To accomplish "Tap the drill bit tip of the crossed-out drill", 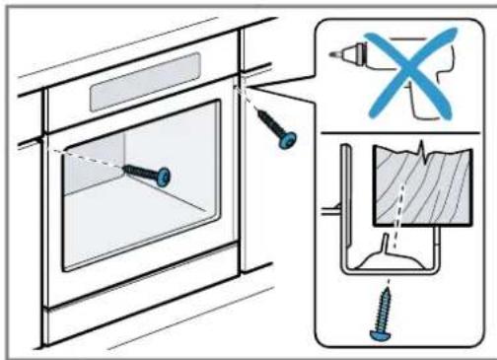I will click(330, 50).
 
